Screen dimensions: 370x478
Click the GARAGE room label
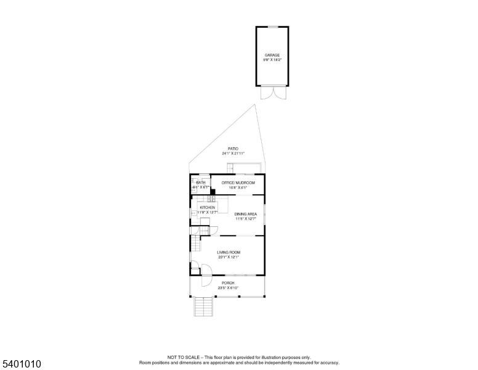(272, 55)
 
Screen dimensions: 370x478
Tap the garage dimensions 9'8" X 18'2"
(272, 60)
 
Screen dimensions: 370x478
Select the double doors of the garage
(272, 92)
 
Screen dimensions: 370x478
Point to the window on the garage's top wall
(272, 27)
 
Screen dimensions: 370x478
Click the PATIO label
(233, 149)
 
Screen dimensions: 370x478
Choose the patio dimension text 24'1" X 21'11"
(233, 154)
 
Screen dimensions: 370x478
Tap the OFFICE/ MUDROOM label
(238, 183)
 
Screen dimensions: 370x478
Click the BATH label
(201, 183)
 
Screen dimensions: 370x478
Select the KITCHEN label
(208, 208)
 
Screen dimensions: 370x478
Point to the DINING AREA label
(245, 214)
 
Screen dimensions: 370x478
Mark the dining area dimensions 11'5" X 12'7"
(245, 219)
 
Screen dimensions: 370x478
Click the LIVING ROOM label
(228, 252)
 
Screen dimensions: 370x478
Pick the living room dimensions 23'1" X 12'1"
(228, 257)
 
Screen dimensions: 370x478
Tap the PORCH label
(228, 283)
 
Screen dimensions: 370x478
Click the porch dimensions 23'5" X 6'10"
(228, 288)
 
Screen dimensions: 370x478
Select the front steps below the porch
(203, 306)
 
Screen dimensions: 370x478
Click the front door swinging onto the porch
(195, 268)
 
